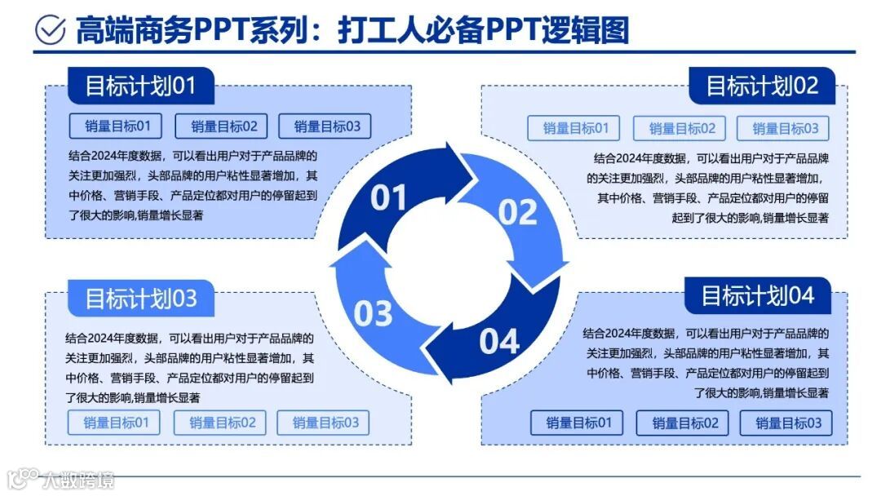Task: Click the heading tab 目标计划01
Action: point(140,86)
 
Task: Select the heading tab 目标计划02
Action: point(762,86)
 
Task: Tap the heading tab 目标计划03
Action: point(140,299)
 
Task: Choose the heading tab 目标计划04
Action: point(758,295)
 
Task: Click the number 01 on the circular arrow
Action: point(388,198)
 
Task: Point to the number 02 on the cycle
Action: point(517,212)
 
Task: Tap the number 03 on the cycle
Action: point(373,313)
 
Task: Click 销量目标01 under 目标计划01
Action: point(116,126)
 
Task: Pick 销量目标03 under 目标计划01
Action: point(325,126)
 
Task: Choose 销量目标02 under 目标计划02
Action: point(682,128)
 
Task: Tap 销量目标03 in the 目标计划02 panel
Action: point(785,128)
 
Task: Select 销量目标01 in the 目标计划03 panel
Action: point(114,423)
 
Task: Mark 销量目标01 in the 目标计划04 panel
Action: point(577,423)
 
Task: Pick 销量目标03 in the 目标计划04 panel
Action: point(786,423)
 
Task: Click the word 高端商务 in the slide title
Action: point(135,31)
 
